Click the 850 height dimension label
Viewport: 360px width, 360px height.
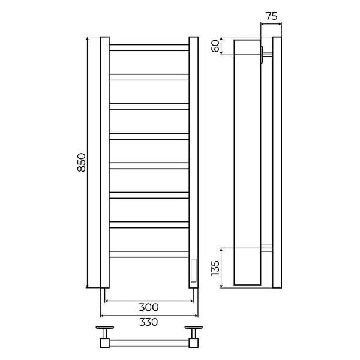[82, 163]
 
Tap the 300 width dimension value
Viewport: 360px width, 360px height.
[149, 307]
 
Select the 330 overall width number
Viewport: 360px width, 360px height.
[149, 322]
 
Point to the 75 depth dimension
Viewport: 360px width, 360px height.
[271, 16]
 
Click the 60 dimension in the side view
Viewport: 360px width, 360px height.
[215, 46]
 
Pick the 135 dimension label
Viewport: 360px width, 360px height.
[215, 268]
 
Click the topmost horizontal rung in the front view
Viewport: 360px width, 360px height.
[149, 47]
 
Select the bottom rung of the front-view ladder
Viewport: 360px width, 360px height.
[149, 254]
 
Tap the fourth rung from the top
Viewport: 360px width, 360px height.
[149, 136]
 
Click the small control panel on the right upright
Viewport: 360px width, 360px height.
[194, 271]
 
